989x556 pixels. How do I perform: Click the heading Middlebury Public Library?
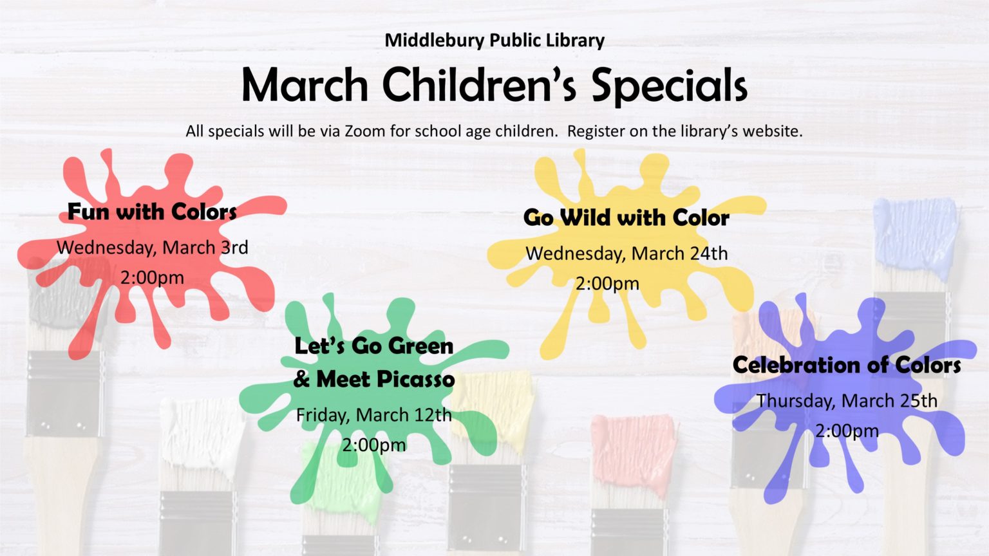pos(494,41)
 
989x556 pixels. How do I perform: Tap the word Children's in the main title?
pos(479,85)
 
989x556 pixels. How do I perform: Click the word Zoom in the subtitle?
pos(364,131)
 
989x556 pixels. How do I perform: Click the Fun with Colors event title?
pos(152,212)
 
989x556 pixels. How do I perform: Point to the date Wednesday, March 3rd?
pos(153,248)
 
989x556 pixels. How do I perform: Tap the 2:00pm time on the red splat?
pos(152,278)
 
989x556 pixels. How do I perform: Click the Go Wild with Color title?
pos(626,218)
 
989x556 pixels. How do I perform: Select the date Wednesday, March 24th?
pos(626,254)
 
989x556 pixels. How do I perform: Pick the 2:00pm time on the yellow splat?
pos(607,284)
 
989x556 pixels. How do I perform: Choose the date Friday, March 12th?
pos(373,415)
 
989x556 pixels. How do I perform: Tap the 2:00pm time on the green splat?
pos(374,445)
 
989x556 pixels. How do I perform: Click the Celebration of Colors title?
pos(847,366)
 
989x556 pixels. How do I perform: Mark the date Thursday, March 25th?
pos(847,401)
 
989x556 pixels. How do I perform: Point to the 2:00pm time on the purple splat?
pos(847,431)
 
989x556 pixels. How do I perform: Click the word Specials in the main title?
pos(669,86)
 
